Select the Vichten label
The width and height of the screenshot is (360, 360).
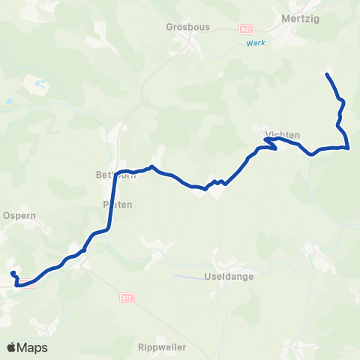(x=283, y=134)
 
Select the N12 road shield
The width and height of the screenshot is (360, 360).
(x=126, y=298)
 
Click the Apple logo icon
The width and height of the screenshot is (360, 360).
(x=11, y=347)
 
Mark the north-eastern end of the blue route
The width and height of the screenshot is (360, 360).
(x=326, y=73)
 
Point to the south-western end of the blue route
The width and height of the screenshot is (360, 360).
(x=12, y=271)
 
